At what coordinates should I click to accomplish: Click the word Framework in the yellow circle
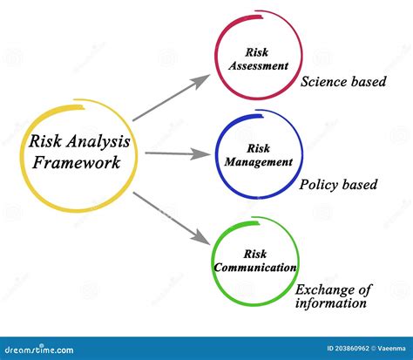coord(76,162)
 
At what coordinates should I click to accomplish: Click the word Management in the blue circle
coord(259,162)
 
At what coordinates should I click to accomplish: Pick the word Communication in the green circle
coord(254,268)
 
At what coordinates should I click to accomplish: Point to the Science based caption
coord(343,83)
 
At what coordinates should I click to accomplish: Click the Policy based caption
coord(338,184)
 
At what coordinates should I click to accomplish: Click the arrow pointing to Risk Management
coord(178,153)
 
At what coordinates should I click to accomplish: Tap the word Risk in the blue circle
coord(259,148)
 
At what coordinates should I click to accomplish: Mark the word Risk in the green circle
coord(254,253)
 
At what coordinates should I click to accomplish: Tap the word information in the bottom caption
coord(331,304)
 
